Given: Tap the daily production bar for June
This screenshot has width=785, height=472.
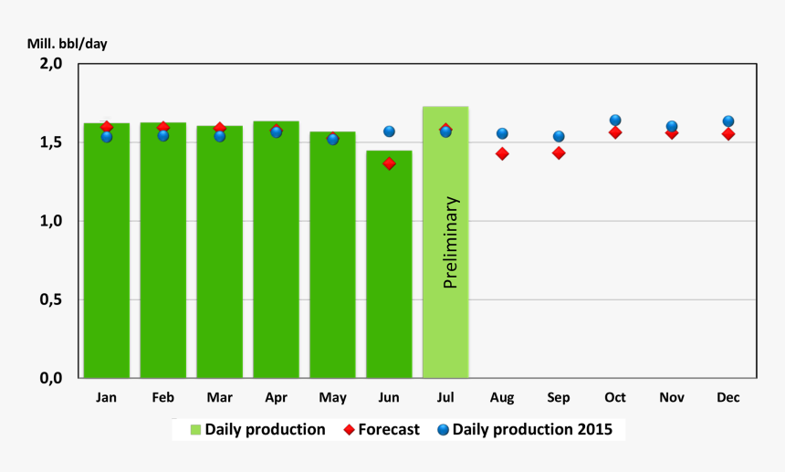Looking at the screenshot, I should (x=389, y=274).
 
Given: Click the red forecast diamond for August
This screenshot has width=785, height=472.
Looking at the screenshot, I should (x=502, y=153).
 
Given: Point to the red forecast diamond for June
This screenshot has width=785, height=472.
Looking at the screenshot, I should (x=389, y=163).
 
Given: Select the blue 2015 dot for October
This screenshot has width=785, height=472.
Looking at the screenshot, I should (x=615, y=121).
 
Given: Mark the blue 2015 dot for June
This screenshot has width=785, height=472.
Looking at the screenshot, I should (x=389, y=131).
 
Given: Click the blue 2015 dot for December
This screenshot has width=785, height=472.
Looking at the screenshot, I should (x=728, y=121).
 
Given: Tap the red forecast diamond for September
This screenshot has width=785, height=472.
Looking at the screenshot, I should (x=559, y=152).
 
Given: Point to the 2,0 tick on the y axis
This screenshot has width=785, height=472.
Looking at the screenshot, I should (x=50, y=64).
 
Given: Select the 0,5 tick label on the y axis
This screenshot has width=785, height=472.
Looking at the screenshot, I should (x=50, y=299).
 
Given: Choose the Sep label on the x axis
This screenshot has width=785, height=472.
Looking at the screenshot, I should (x=559, y=397).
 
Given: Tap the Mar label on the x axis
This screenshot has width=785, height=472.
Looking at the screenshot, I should (x=219, y=397).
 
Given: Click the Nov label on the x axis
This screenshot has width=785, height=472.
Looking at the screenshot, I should (x=672, y=397).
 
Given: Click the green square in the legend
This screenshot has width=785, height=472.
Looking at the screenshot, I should (x=195, y=429).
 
